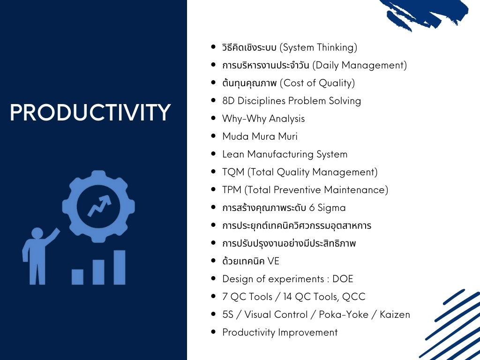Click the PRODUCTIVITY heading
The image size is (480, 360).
90,112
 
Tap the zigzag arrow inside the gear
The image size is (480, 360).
99,205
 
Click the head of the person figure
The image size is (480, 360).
37,233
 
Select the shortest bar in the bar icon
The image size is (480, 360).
77,277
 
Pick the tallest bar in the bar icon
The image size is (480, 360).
120,268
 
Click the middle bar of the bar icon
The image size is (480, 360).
98,272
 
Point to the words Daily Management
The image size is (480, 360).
360,66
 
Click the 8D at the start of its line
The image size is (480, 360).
228,101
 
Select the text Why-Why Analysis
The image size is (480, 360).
263,119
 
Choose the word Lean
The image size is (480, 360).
233,154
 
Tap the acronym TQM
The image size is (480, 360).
233,172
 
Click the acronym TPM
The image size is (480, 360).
232,190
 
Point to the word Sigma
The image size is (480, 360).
331,208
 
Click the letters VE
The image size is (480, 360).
273,261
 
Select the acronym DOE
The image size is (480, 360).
343,279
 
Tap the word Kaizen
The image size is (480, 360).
395,315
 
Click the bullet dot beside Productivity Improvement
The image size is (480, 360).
213,332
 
